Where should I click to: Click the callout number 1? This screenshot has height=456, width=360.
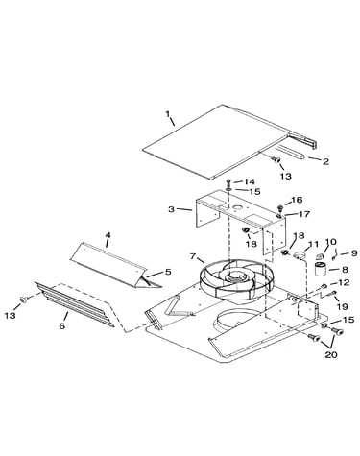tap(167, 114)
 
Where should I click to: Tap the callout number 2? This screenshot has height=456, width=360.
tap(325, 161)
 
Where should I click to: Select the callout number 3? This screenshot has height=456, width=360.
tap(172, 209)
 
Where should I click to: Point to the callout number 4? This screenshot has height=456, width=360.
tap(108, 235)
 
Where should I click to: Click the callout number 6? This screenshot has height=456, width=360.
tap(62, 325)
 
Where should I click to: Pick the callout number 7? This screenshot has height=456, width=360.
tap(193, 256)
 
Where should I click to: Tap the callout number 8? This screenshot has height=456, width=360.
tap(345, 270)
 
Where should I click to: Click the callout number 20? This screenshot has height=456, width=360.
tap(331, 354)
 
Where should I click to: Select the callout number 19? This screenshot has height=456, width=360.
tap(343, 306)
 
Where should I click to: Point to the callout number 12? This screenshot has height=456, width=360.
tap(344, 283)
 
